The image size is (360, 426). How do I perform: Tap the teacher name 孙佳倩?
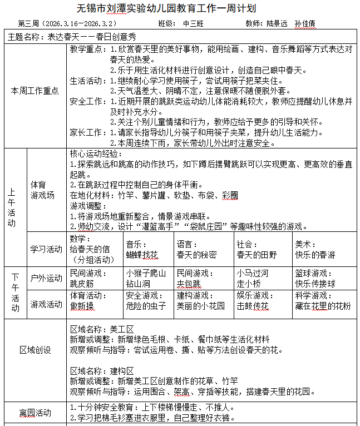(305, 24)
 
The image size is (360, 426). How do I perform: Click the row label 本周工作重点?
(35, 91)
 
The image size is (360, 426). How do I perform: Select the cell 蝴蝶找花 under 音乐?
(142, 255)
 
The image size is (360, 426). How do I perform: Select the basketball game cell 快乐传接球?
(315, 283)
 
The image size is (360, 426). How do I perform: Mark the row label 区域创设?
(35, 350)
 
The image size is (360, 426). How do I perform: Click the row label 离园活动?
(35, 413)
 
